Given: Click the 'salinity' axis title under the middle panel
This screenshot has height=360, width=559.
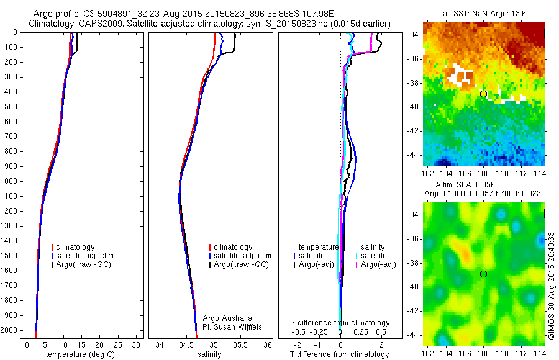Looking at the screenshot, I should [209, 354].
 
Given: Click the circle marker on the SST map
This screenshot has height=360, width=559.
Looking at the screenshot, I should [483, 94].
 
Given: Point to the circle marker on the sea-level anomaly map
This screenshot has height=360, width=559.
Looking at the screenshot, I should [483, 274].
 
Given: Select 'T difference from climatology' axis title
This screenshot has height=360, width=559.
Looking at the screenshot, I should [340, 354].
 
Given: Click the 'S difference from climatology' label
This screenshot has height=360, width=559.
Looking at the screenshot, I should [340, 323].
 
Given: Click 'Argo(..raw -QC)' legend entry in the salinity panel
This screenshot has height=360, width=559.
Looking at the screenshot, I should [241, 264].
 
